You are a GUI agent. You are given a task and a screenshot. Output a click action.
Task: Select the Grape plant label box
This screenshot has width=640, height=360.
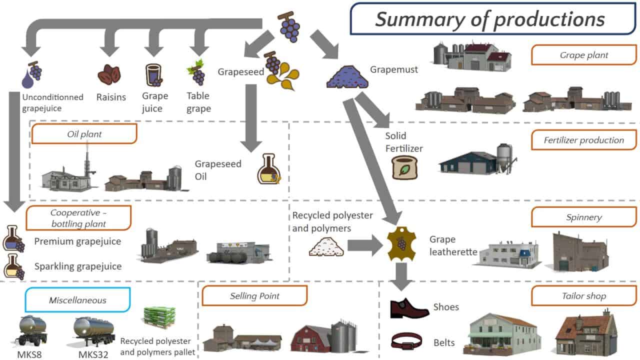tap(583, 55)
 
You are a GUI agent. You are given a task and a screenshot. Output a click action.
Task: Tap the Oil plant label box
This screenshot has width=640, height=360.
tap(84, 134)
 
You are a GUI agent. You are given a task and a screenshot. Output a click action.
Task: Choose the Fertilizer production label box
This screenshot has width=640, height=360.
tap(583, 140)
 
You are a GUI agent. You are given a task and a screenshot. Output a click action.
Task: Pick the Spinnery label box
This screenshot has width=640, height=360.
tap(583, 217)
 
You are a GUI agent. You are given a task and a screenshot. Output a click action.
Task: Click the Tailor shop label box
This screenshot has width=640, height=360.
tap(583, 296)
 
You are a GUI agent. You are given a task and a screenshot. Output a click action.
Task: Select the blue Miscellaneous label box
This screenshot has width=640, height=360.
tap(77, 300)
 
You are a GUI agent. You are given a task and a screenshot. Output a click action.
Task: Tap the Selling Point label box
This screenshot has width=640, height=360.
tap(254, 296)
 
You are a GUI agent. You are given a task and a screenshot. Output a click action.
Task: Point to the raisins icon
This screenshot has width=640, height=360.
tap(108, 75)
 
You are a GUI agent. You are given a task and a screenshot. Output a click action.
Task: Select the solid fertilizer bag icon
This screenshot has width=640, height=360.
tap(404, 166)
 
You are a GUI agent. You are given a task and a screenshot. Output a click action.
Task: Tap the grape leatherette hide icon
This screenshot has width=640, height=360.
tap(401, 244)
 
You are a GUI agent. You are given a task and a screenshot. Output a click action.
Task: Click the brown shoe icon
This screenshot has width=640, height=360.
tap(408, 308)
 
